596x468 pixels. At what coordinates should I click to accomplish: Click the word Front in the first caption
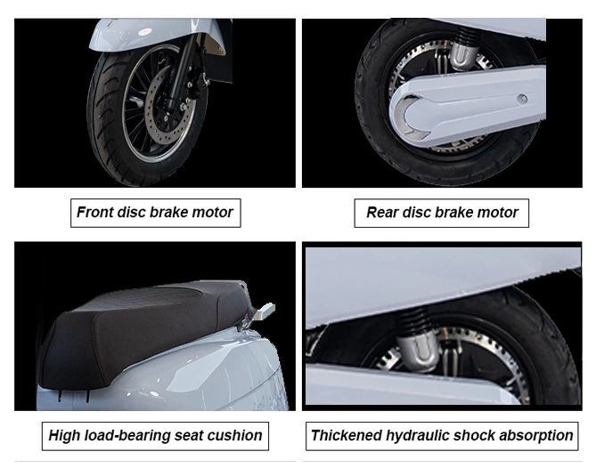coord(94,213)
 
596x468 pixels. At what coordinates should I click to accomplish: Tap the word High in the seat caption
coord(64,435)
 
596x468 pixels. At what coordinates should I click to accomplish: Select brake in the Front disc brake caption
coord(176,213)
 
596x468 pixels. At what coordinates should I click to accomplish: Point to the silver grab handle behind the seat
coord(263,312)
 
